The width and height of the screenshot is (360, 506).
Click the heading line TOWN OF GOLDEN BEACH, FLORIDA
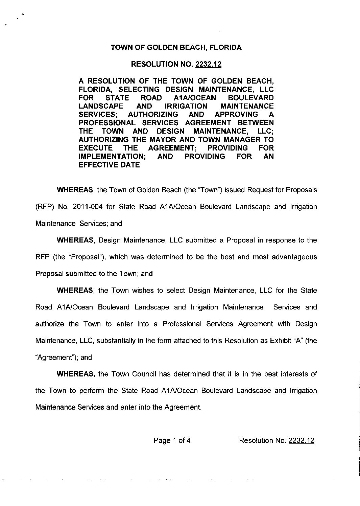pos(176,48)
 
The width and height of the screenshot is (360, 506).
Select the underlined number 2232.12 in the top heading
pos(209,64)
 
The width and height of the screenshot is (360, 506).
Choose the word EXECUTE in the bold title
pos(96,148)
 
